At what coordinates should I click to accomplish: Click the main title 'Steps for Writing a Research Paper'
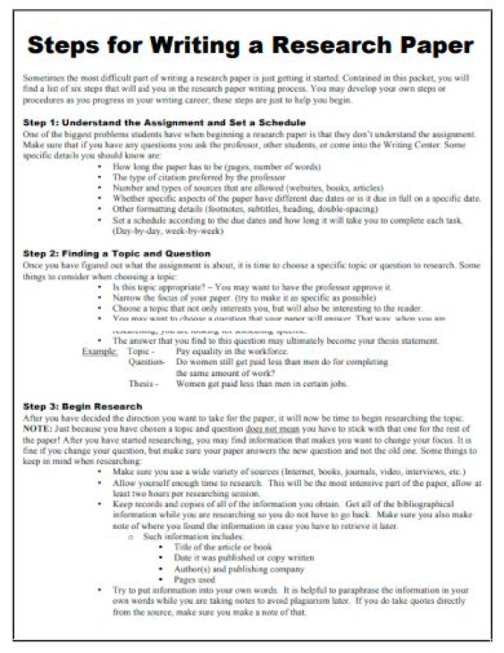(x=251, y=46)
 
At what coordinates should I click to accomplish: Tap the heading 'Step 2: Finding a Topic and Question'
(x=117, y=253)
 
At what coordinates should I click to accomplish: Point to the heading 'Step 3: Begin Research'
(x=83, y=406)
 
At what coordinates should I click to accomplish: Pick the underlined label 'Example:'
(x=100, y=351)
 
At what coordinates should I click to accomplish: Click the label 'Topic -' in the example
(x=141, y=351)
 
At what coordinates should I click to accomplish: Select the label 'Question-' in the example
(x=146, y=362)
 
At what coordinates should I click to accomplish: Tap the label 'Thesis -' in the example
(x=143, y=384)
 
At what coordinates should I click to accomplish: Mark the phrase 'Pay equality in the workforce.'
(x=232, y=351)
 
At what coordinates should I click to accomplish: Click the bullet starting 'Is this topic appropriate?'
(x=252, y=287)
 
